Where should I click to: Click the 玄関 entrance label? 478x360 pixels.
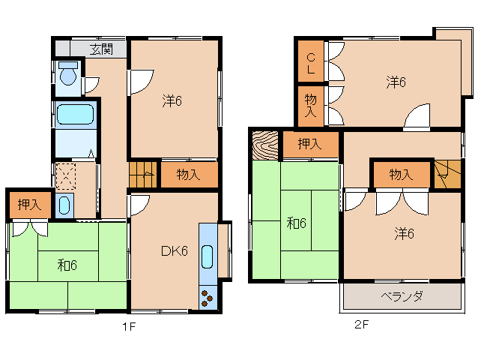point(102,49)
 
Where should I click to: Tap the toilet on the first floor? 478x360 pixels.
point(68,76)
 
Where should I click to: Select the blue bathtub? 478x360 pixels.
point(75,115)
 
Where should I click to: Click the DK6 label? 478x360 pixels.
point(175,251)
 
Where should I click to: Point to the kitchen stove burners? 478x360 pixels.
point(208,298)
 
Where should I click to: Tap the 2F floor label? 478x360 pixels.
point(363,325)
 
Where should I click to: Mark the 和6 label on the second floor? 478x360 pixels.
point(296,223)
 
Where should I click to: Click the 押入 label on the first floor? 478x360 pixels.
point(30,203)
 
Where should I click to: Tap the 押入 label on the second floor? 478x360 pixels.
point(310,145)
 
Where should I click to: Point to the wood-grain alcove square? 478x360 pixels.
point(264,145)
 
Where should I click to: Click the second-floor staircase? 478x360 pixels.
point(447,174)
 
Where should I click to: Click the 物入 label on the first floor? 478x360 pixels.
point(188,175)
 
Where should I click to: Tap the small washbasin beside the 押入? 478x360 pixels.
point(64,205)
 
